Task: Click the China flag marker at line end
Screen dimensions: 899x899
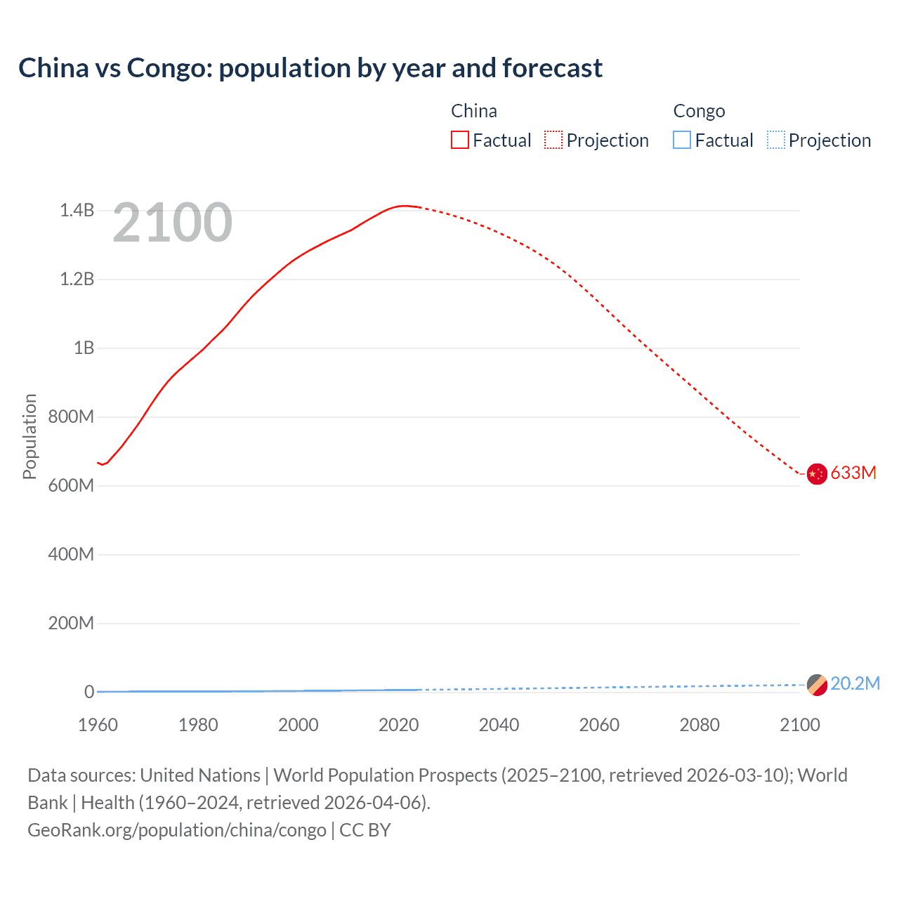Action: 817,474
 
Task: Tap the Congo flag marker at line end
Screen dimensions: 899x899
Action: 817,685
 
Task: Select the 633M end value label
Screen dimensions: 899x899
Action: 853,473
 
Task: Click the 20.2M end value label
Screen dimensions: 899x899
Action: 855,683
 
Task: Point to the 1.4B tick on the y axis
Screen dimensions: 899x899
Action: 77,210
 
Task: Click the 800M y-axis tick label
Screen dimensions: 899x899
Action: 71,416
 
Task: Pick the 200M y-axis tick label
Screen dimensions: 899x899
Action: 71,623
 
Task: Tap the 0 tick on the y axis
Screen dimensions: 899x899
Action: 89,692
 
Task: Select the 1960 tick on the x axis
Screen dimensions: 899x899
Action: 98,725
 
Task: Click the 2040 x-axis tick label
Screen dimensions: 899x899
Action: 499,725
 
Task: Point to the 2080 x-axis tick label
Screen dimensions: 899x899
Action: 700,725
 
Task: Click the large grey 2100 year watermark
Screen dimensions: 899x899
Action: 172,223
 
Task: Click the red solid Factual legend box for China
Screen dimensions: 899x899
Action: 460,140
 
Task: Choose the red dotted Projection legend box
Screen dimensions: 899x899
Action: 553,140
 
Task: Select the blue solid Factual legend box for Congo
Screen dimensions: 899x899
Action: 682,140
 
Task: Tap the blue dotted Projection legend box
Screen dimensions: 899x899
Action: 775,140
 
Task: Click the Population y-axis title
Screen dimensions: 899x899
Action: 29,436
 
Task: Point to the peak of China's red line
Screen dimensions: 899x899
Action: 403,206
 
